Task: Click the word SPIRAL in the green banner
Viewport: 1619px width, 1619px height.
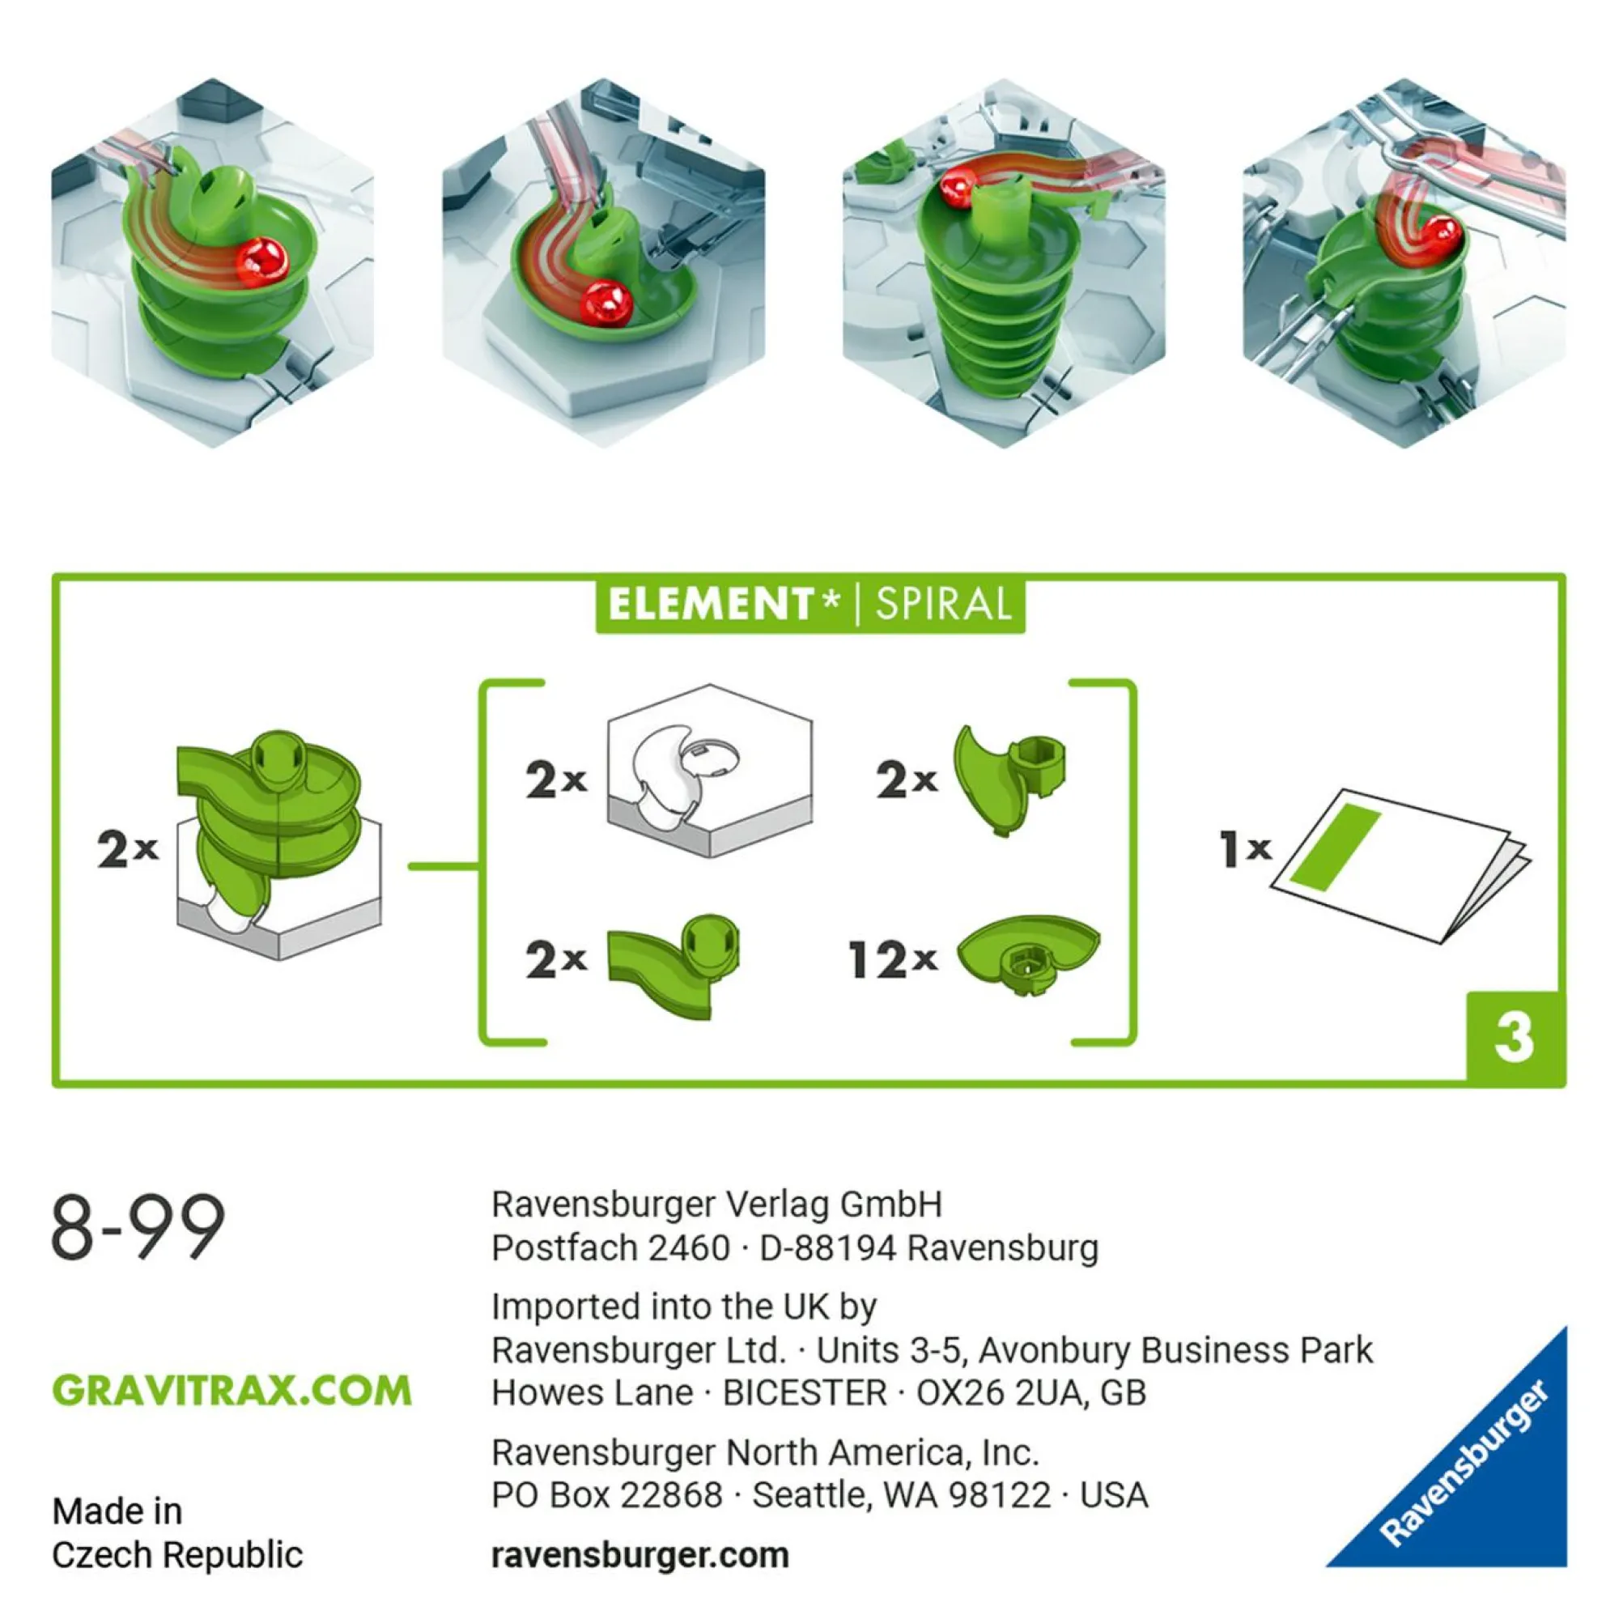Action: pos(943,604)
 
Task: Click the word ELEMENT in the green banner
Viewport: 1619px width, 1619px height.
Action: pos(712,604)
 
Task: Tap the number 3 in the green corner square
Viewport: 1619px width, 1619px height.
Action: pos(1514,1039)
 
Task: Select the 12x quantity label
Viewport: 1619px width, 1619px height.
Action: pos(892,959)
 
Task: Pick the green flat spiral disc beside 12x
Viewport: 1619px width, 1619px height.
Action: pos(1028,954)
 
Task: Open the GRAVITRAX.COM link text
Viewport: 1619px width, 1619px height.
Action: pos(232,1392)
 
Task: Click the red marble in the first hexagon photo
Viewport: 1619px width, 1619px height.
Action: pos(261,261)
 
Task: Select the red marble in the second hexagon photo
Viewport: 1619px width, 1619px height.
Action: pos(606,305)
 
